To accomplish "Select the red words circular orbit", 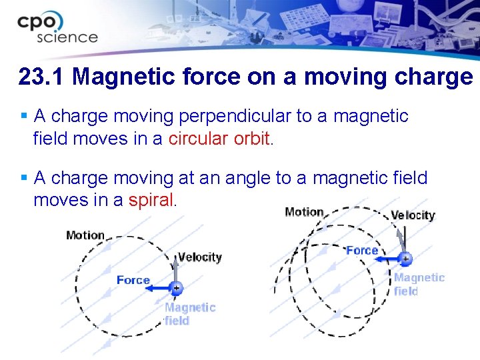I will point(219,139).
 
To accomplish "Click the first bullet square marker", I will point(24,117).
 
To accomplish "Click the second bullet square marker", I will point(24,178).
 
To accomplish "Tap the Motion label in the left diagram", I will point(85,235).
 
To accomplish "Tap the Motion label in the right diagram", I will point(304,212).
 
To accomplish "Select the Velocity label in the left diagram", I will point(200,257).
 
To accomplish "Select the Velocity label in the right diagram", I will point(413,215).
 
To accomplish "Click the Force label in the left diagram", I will point(133,280).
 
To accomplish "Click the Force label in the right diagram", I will point(362,251).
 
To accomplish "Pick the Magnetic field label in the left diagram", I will point(190,314).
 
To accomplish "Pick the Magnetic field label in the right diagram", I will point(419,284).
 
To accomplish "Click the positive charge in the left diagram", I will point(176,288).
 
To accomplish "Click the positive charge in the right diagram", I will point(405,258).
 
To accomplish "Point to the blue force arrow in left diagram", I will point(160,288).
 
